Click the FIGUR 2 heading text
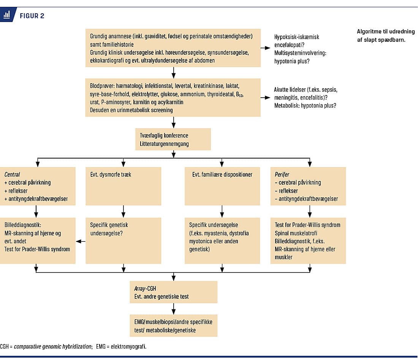32,16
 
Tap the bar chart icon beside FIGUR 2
7,15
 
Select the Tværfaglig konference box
173,139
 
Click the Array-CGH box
174,292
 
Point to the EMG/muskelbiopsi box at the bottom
174,326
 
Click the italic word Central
12,174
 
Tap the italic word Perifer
282,174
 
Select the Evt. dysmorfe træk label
111,174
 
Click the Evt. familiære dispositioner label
222,174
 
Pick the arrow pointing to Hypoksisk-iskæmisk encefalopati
265,48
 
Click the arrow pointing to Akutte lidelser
265,98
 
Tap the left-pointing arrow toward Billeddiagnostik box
81,241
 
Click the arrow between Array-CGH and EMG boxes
174,309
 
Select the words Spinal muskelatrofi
296,233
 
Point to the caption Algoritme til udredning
386,32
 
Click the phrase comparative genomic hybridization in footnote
53,346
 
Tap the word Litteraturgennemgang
164,144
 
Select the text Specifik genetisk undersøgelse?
109,229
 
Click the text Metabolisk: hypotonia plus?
305,106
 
